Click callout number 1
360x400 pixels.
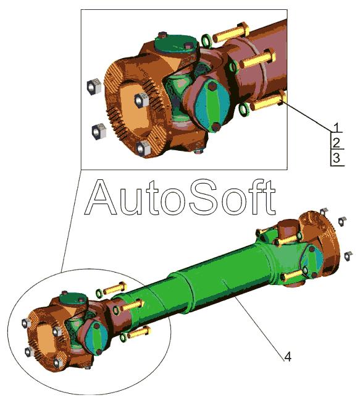337,127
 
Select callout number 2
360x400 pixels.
337,143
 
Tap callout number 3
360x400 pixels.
337,158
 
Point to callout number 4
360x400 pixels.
288,356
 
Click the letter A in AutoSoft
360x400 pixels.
101,197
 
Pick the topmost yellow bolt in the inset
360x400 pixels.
232,32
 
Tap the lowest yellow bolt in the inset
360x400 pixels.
268,101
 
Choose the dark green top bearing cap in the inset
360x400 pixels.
177,45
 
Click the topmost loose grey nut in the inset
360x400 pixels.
94,86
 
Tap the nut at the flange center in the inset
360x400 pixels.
141,100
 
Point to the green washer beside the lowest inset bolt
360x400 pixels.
244,109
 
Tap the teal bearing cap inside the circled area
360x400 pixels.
96,338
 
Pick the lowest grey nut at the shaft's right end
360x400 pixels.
348,256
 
